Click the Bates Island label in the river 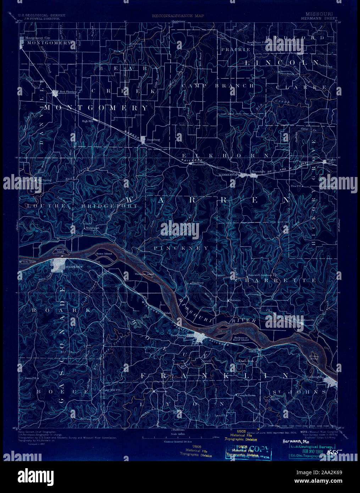pyautogui.click(x=104, y=254)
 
